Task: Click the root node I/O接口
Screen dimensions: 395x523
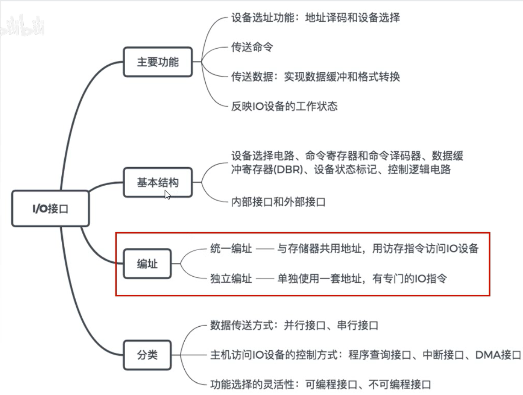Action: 50,209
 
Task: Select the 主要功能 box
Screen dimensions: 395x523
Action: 158,62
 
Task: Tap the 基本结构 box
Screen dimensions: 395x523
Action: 158,182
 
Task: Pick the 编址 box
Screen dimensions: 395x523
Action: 147,264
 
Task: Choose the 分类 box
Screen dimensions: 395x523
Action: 147,354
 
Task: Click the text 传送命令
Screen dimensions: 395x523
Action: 252,47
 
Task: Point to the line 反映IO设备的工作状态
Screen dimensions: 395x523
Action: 284,106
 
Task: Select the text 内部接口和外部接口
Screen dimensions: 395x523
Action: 278,202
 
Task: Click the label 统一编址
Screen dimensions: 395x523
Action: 231,249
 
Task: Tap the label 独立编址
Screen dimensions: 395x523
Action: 231,278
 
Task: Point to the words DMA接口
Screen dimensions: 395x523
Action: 498,355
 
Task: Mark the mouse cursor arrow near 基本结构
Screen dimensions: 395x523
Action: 167,194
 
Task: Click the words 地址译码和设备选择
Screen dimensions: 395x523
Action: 352,18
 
